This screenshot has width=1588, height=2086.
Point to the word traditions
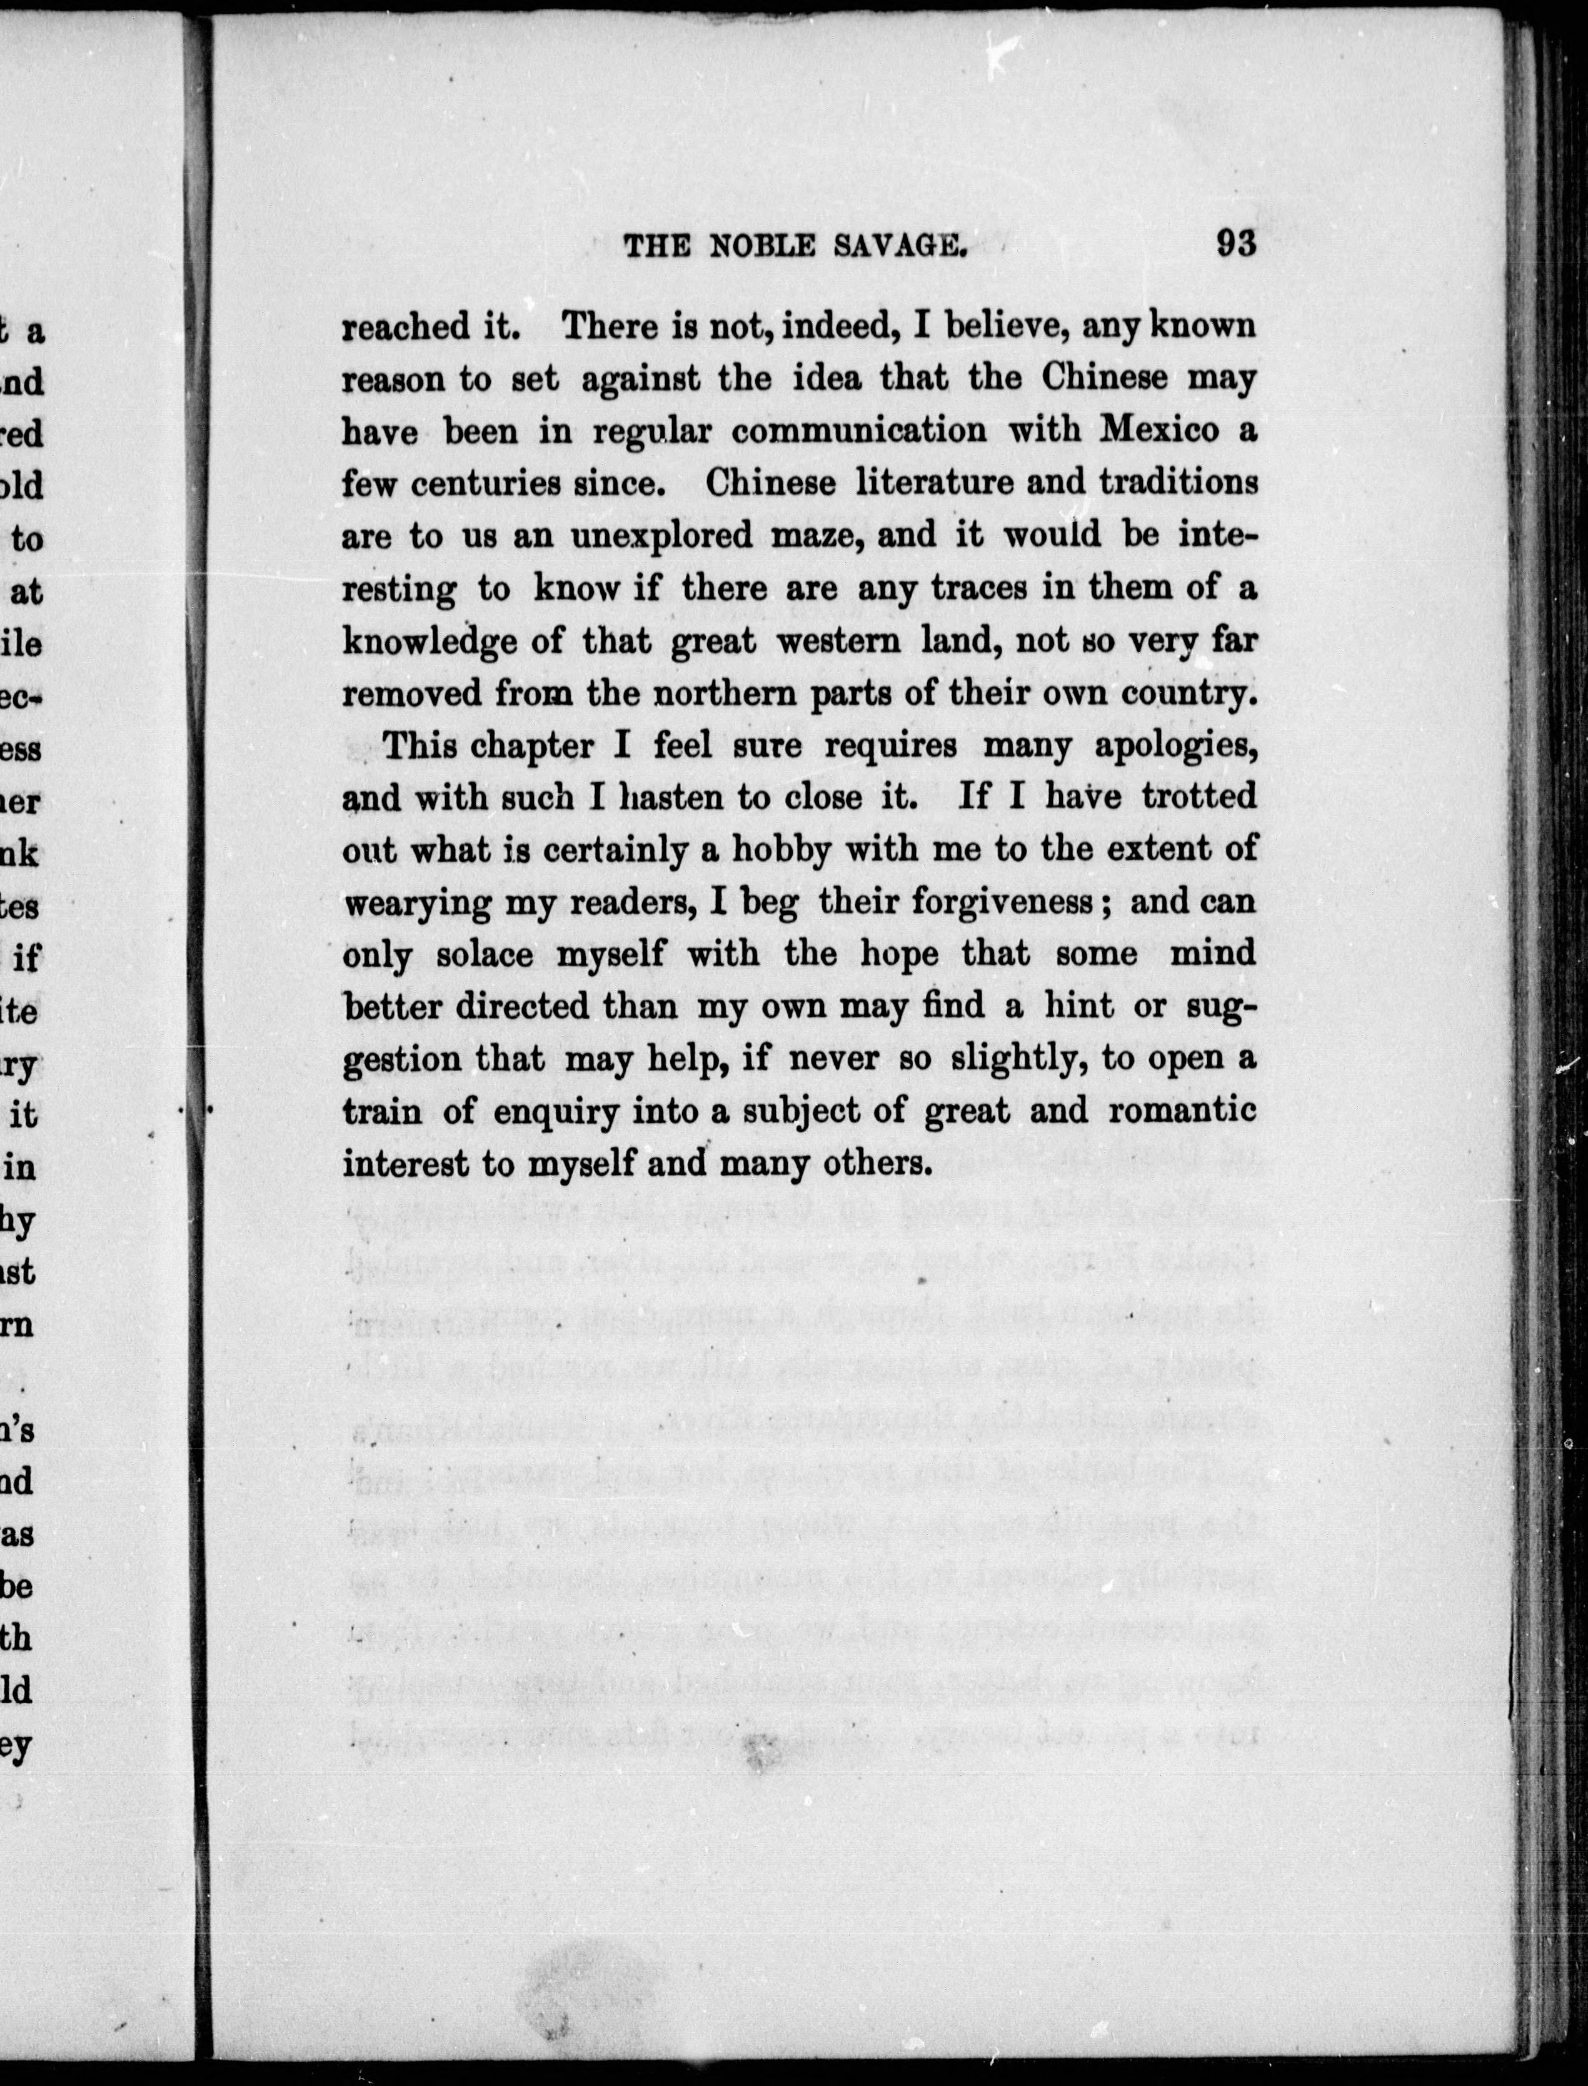[1178, 483]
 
